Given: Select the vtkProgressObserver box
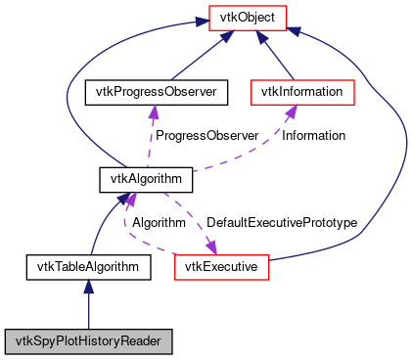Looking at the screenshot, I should (156, 92).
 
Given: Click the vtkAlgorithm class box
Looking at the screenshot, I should (146, 179).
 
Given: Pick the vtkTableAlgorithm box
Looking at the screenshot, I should (88, 265).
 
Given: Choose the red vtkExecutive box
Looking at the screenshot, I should (220, 265).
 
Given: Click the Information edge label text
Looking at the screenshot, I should (315, 135).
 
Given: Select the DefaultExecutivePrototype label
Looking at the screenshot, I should (282, 222).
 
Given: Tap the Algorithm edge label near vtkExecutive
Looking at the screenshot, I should (160, 222).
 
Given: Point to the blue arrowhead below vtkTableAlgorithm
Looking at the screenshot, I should (88, 285).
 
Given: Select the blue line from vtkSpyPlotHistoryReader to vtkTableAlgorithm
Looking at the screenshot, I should (88, 308).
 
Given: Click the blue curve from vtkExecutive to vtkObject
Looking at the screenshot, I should (396, 147).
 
